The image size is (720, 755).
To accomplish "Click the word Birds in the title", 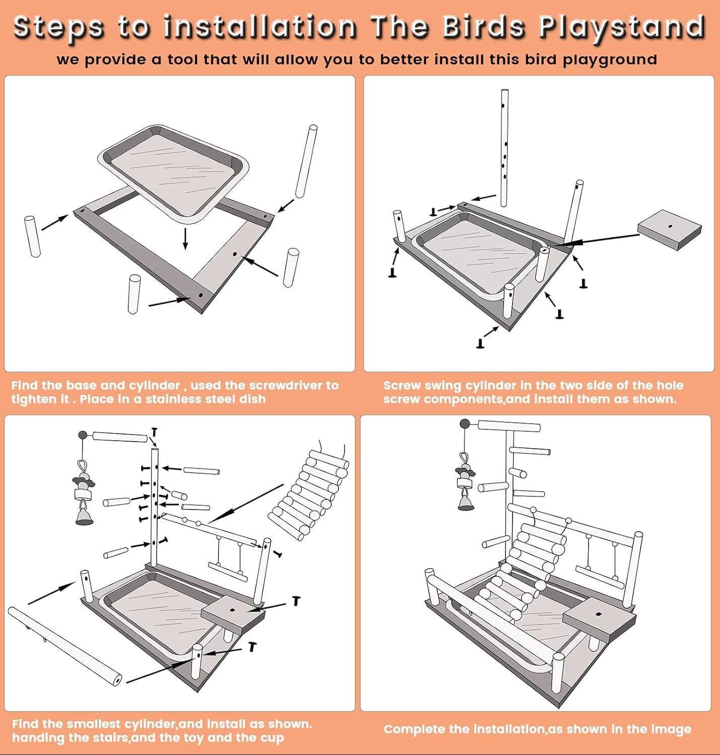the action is pos(484,26).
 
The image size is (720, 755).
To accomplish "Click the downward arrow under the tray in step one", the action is pos(186,238).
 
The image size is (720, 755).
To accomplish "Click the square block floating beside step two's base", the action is pos(669,229).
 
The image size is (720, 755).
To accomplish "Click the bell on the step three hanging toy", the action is pos(84,516).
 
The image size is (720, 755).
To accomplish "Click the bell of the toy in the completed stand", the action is pos(466,502).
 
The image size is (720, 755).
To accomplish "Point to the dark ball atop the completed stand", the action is pos(465,424).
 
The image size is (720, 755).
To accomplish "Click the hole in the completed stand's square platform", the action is pos(599,614).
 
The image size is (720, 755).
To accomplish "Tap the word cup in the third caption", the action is pos(273,738).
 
